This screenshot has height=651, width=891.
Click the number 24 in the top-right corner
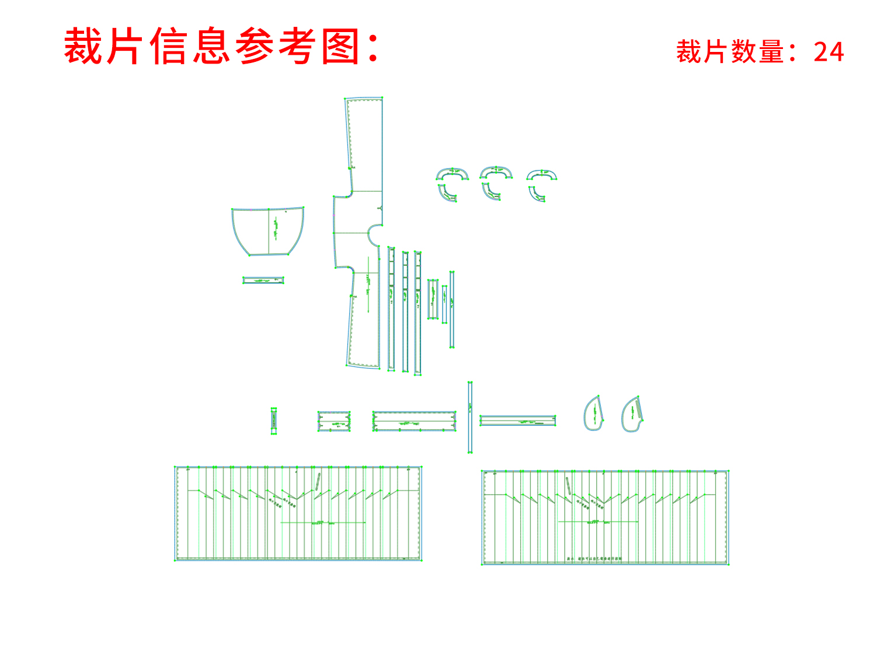(829, 52)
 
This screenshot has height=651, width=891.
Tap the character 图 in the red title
(340, 47)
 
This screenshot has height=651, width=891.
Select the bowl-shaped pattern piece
(268, 230)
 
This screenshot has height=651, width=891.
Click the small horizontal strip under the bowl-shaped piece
(263, 281)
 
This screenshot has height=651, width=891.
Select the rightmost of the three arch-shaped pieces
(542, 174)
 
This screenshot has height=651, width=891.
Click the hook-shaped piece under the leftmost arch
(447, 194)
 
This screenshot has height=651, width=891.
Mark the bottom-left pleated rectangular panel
(298, 513)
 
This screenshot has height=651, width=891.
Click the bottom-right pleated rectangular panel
(605, 517)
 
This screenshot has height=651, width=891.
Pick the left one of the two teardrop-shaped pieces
(593, 414)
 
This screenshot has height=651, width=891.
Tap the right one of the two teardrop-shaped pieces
(632, 415)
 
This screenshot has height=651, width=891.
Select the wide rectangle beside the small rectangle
(414, 421)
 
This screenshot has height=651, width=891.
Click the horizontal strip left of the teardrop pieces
(517, 421)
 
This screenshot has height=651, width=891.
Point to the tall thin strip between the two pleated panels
(470, 417)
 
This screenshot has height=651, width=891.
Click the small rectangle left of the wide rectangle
(334, 421)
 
